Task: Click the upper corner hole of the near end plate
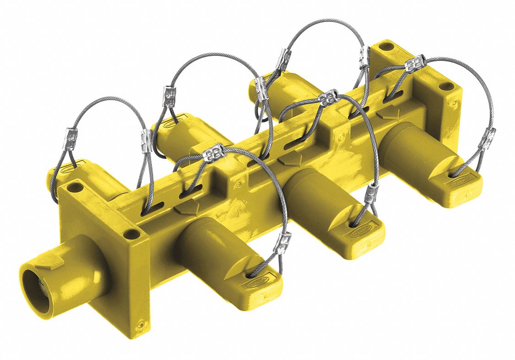[76, 187]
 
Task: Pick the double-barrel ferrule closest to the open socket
[213, 153]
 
